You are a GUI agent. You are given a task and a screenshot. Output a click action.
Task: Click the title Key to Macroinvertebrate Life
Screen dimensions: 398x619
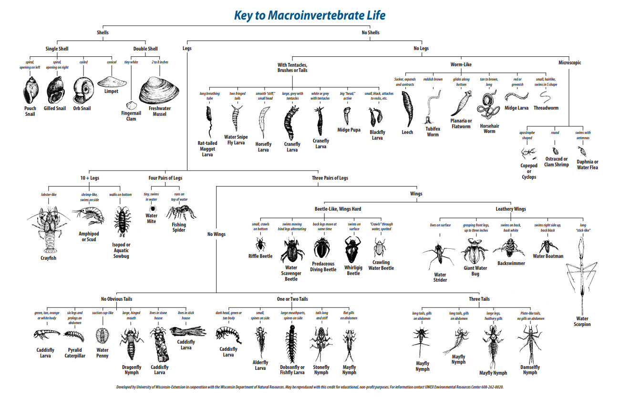(x=309, y=15)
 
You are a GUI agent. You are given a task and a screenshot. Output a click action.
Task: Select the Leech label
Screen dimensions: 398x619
(x=407, y=132)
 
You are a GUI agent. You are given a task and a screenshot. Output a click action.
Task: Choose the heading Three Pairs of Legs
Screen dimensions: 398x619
(x=330, y=178)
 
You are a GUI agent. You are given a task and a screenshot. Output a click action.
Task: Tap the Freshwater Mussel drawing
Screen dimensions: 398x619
(x=159, y=91)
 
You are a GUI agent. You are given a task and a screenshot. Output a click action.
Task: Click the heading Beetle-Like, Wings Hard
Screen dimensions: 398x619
(x=338, y=209)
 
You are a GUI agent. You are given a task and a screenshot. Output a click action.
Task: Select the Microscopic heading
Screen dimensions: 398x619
(x=569, y=63)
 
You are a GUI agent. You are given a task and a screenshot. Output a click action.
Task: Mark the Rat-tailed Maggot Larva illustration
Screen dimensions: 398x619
(x=208, y=121)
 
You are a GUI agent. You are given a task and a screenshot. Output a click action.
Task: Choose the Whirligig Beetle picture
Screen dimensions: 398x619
(x=353, y=249)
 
